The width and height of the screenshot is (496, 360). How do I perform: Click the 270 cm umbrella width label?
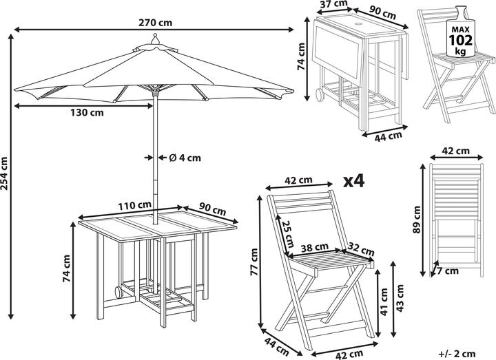click(154, 21)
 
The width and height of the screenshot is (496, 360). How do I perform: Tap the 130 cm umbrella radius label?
click(88, 114)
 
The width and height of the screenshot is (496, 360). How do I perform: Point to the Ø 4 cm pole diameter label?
click(185, 158)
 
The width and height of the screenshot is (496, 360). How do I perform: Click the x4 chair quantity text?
click(353, 181)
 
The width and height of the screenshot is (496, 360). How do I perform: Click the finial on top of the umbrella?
click(155, 40)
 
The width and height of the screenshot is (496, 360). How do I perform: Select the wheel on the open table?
click(114, 293)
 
